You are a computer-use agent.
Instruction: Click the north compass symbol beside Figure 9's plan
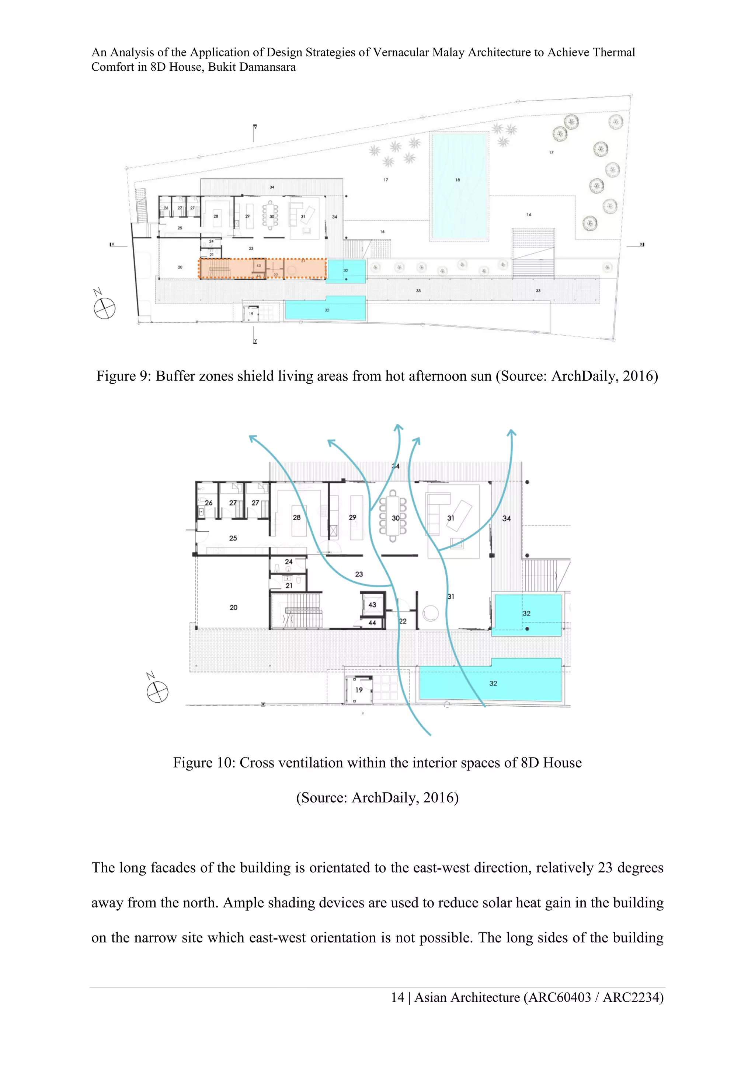105,308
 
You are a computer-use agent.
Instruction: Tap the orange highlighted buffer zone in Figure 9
263,269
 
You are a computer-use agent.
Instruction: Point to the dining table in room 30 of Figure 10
393,516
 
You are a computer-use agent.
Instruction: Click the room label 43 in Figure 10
372,605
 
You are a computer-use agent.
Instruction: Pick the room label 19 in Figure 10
359,690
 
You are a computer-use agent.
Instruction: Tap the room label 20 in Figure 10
233,608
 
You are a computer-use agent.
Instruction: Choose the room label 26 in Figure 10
209,503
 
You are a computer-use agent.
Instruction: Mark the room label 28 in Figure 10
297,517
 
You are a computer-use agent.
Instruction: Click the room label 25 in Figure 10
233,538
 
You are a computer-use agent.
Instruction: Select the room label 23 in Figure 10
359,574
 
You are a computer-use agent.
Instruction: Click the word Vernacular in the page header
400,53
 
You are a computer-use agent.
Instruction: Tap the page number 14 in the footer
397,998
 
